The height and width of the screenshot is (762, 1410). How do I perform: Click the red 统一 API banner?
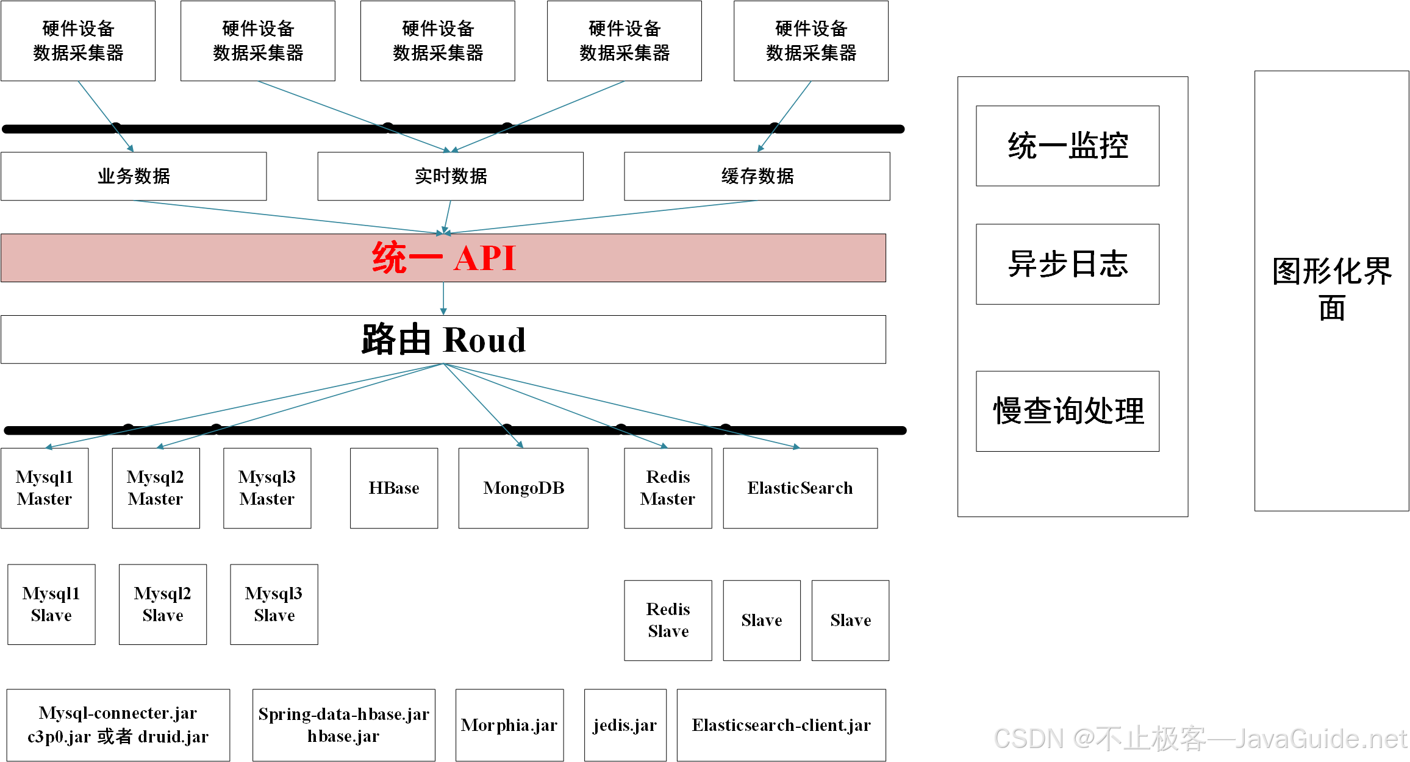[x=443, y=258]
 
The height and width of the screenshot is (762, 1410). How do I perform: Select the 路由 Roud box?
[x=443, y=340]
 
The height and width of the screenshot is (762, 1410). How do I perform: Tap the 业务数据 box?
[x=134, y=176]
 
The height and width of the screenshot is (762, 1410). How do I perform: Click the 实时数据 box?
[x=450, y=176]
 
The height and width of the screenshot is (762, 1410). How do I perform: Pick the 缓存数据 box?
[x=757, y=176]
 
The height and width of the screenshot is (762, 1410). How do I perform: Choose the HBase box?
[x=394, y=488]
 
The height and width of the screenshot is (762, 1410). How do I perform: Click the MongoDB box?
[x=523, y=488]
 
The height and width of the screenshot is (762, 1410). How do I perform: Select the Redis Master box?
[x=668, y=488]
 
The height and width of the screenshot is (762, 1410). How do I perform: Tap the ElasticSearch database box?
[x=800, y=488]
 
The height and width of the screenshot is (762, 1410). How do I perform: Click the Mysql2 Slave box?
[x=163, y=604]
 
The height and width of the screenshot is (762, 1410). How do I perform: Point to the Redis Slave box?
[x=668, y=620]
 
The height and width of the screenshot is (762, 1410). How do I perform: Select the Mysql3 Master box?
[x=267, y=488]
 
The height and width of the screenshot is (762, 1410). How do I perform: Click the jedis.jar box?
[x=625, y=725]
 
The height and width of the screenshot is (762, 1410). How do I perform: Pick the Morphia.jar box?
[x=509, y=725]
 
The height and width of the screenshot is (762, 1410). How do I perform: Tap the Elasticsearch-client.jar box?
[x=781, y=725]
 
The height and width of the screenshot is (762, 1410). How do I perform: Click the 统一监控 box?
[x=1067, y=146]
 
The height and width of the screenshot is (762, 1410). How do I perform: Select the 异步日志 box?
[x=1067, y=264]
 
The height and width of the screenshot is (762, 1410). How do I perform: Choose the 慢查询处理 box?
[x=1067, y=411]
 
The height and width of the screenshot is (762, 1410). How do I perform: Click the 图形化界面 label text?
[x=1332, y=288]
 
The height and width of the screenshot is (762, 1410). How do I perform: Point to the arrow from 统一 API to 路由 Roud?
[x=443, y=299]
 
